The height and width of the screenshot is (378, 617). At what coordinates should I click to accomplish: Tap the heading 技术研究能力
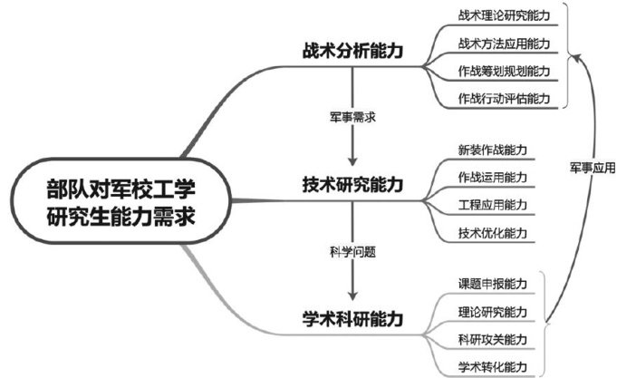click(353, 185)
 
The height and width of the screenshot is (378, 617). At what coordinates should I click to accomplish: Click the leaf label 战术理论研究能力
click(504, 15)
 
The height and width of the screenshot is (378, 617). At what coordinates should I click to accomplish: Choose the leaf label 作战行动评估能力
click(504, 99)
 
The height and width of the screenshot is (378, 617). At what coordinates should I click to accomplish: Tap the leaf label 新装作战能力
click(493, 149)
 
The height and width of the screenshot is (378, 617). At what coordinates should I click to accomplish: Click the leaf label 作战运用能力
click(493, 176)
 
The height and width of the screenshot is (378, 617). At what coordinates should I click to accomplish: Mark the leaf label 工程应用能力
click(493, 204)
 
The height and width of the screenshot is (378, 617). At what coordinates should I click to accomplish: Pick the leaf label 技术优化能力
click(493, 232)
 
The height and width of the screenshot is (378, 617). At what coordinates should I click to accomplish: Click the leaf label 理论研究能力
click(493, 312)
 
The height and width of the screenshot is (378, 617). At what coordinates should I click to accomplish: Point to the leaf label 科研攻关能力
click(493, 339)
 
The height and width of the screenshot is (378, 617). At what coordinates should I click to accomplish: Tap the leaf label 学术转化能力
click(493, 367)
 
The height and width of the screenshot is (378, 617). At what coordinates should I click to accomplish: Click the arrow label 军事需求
click(352, 116)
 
